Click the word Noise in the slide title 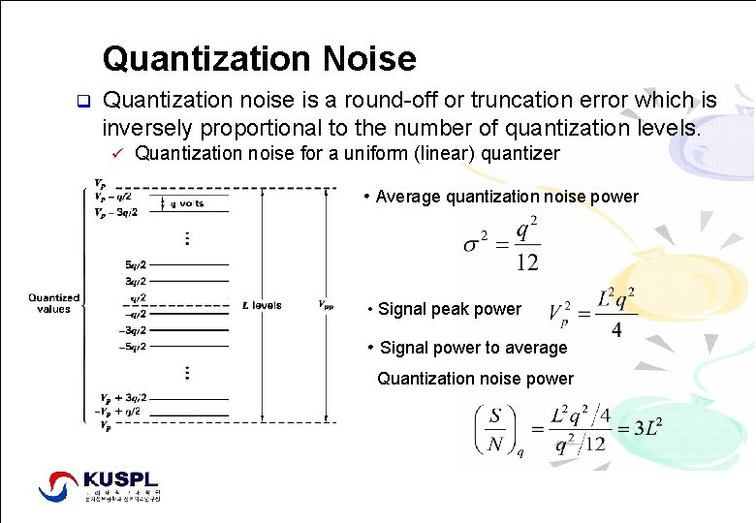[x=372, y=59]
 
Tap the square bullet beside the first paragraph [x=83, y=101]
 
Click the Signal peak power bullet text [x=449, y=310]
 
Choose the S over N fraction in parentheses [x=496, y=428]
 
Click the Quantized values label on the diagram [x=53, y=303]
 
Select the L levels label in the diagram [x=262, y=305]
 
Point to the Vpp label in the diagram [x=327, y=305]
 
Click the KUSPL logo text [x=121, y=479]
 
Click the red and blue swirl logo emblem [x=61, y=484]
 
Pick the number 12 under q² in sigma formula [x=526, y=261]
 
